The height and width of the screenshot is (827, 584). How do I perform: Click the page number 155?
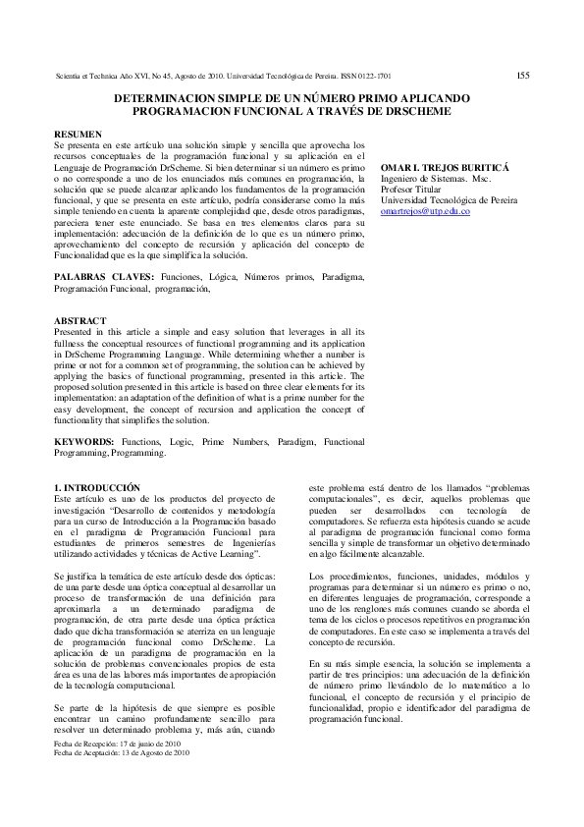click(x=523, y=75)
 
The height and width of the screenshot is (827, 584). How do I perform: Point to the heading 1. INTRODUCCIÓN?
click(x=97, y=488)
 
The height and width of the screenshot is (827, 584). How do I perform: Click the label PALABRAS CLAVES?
click(x=102, y=279)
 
